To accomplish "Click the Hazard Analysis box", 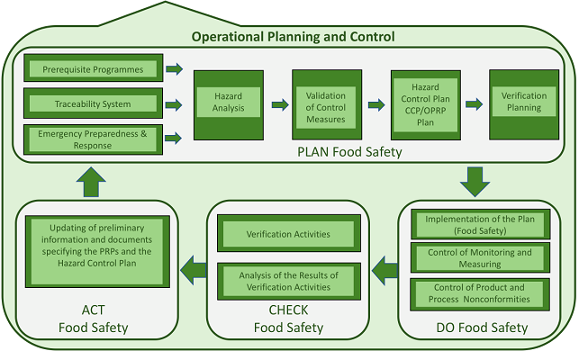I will [228, 104].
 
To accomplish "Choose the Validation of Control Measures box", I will [325, 103].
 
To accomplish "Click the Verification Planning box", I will [523, 103].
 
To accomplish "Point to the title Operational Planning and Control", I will [293, 37].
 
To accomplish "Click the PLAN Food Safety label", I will [349, 152].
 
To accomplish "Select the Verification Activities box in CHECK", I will [288, 234].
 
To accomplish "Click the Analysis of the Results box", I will [288, 280].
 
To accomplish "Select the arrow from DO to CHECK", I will [385, 267].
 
